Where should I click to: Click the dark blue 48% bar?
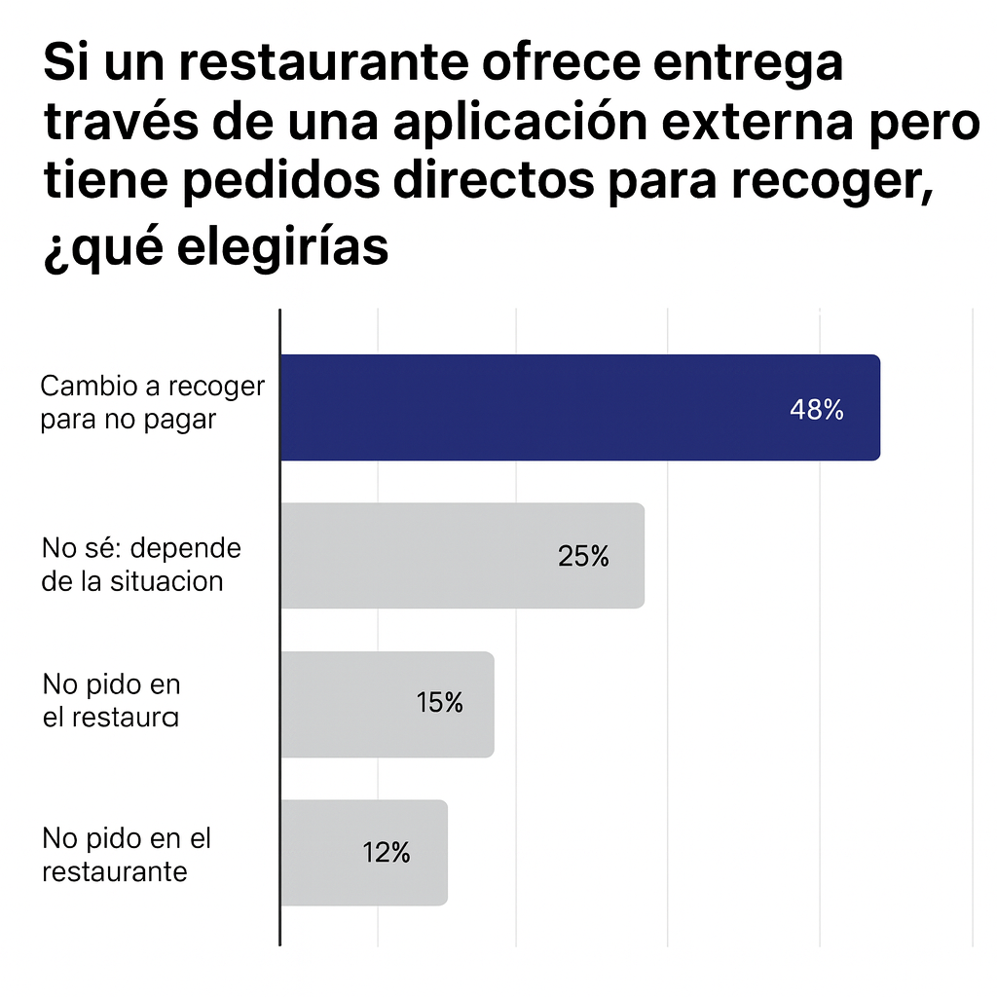(x=579, y=407)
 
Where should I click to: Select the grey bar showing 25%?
(x=462, y=556)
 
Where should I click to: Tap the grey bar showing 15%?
(x=387, y=704)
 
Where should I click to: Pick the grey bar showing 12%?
(x=363, y=853)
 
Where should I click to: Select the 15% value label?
(x=439, y=702)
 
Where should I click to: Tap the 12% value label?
(x=386, y=853)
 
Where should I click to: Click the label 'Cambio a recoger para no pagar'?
(x=152, y=403)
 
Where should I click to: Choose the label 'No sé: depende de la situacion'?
(x=141, y=564)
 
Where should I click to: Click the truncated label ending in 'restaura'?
(x=111, y=701)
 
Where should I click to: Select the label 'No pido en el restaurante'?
(x=127, y=854)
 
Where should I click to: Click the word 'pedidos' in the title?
(x=262, y=185)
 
